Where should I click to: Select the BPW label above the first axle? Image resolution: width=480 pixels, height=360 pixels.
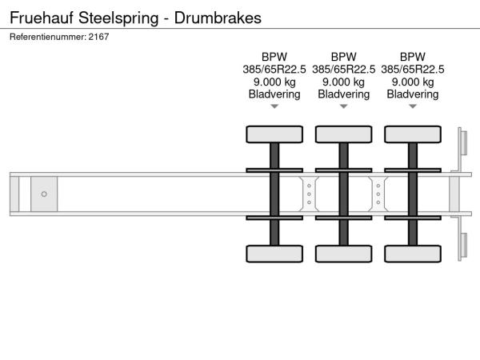[274, 57]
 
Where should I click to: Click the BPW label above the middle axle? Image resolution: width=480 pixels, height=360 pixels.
[343, 57]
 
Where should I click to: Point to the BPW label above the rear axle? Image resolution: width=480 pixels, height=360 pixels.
[413, 57]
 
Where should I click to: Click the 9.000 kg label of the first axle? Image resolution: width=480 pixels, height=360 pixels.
[274, 82]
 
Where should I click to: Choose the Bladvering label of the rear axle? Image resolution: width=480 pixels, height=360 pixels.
[413, 94]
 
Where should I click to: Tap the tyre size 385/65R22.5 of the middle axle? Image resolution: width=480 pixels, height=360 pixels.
[343, 69]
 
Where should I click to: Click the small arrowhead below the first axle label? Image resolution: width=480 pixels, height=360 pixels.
[274, 106]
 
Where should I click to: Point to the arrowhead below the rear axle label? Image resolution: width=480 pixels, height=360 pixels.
[413, 106]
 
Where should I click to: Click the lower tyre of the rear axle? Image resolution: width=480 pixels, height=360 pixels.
[412, 254]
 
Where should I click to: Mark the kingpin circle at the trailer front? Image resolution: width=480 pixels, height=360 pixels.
[44, 194]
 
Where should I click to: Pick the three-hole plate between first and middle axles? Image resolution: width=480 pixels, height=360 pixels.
[309, 194]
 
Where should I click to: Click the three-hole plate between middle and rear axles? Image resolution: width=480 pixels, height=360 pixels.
[378, 194]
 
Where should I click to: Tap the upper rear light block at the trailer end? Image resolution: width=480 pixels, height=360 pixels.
[462, 144]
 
